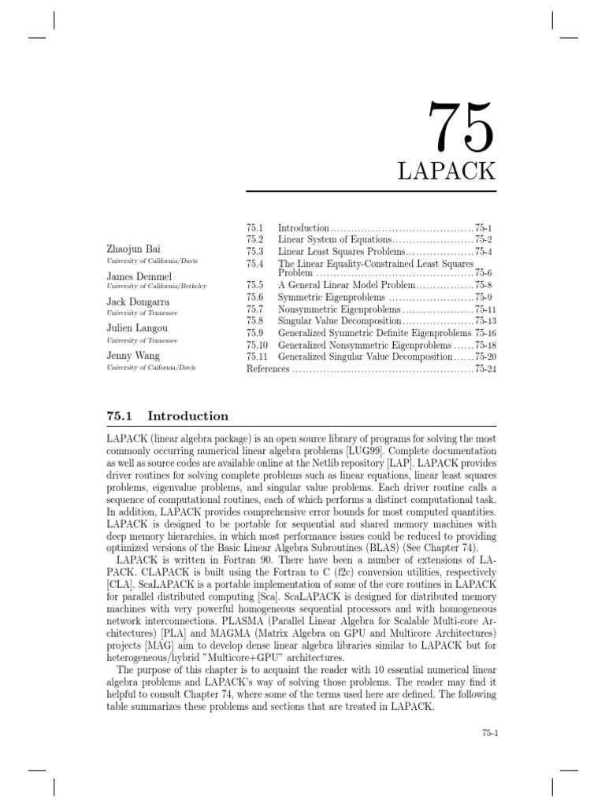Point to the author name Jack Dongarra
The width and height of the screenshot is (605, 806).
(138, 301)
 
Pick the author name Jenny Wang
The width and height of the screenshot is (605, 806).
(132, 355)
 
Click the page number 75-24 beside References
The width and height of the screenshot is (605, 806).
(486, 368)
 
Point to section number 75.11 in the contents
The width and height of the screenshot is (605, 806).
(258, 357)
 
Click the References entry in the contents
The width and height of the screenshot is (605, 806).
(268, 368)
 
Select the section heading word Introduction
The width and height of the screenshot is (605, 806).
(187, 416)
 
